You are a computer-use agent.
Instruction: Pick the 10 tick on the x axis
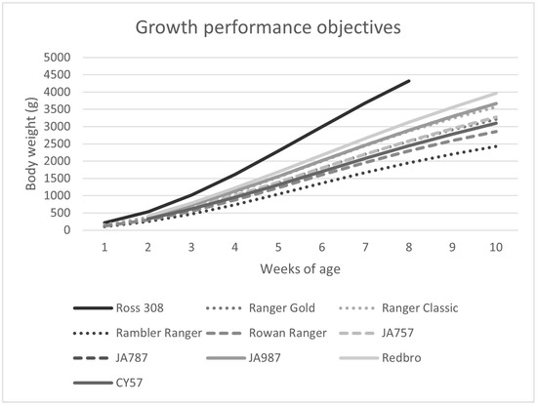497,247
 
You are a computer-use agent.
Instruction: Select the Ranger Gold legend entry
276,308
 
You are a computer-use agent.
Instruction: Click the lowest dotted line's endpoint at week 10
497,146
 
